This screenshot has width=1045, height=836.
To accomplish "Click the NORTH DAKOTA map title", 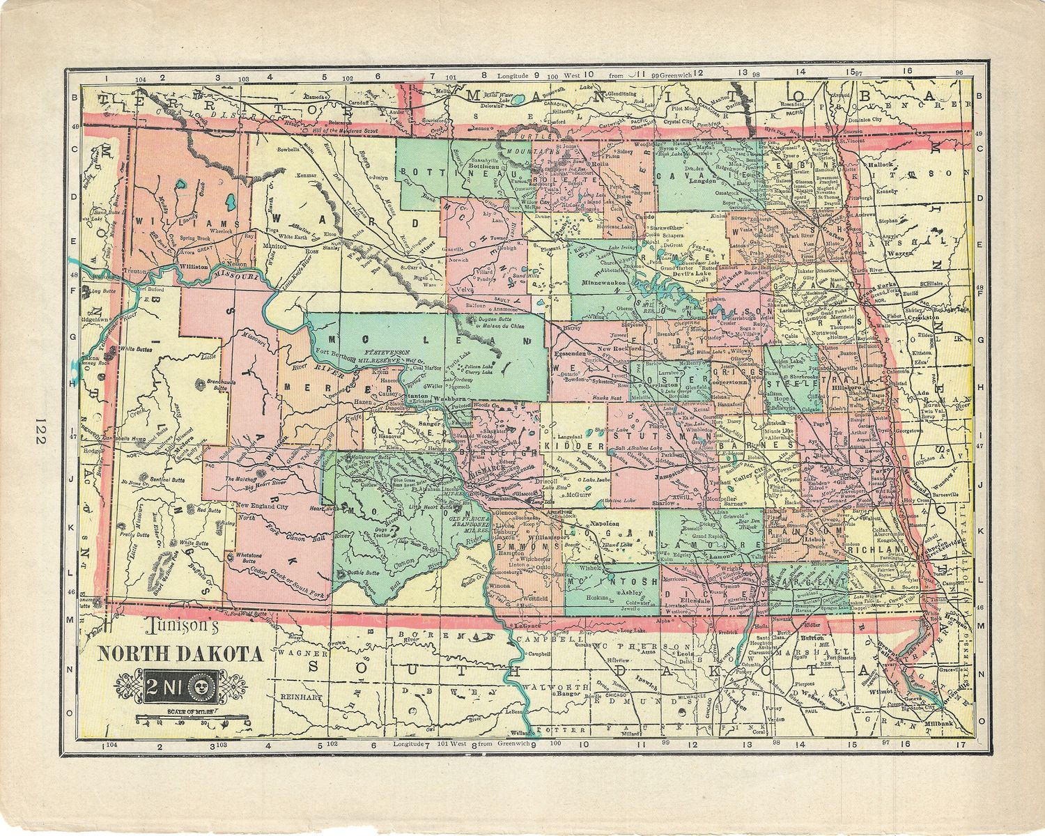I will (180, 654).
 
